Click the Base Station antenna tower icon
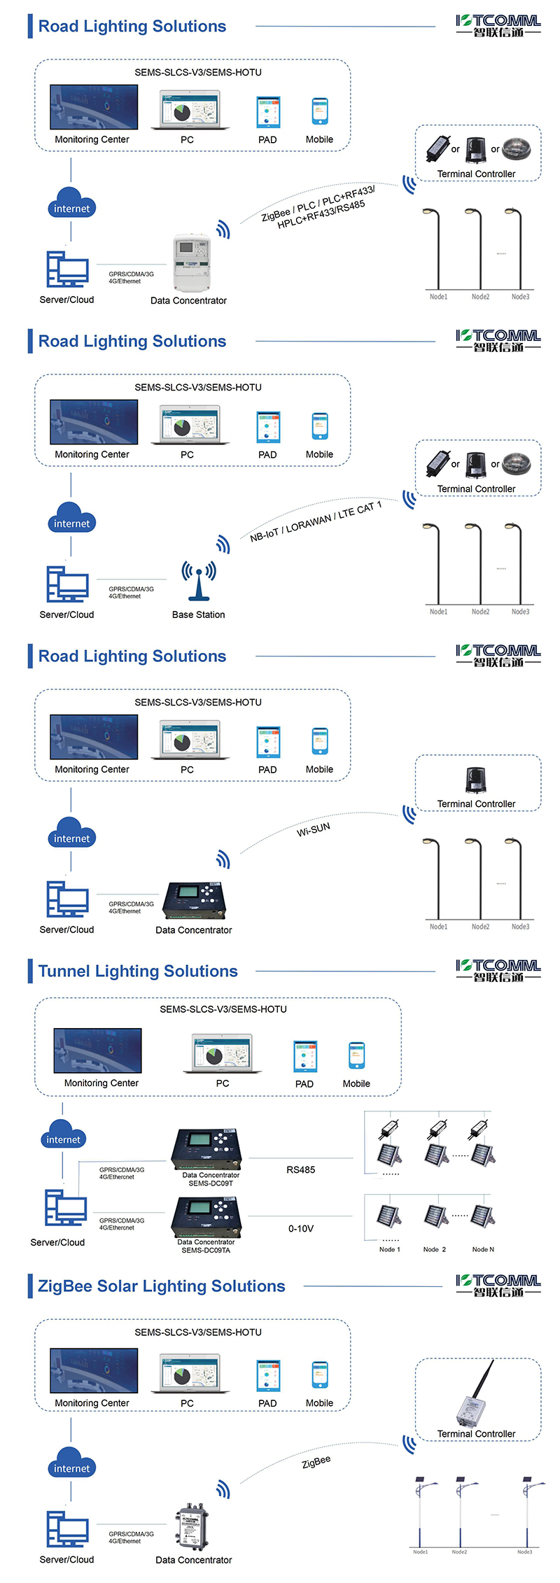[x=199, y=580]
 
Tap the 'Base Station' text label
[x=199, y=614]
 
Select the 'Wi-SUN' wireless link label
[x=314, y=829]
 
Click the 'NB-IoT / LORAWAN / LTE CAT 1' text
[x=316, y=521]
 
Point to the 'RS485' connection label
[x=301, y=1169]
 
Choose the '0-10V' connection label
[x=301, y=1228]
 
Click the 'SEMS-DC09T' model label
[x=211, y=1183]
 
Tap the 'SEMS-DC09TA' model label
[x=206, y=1250]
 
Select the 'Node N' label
[x=483, y=1249]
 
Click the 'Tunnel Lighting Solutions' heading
[x=138, y=971]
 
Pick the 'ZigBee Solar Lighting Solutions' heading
[x=162, y=1286]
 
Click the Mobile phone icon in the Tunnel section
[x=356, y=1055]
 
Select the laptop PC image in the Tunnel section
[x=222, y=1053]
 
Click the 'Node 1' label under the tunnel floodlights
[x=390, y=1249]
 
